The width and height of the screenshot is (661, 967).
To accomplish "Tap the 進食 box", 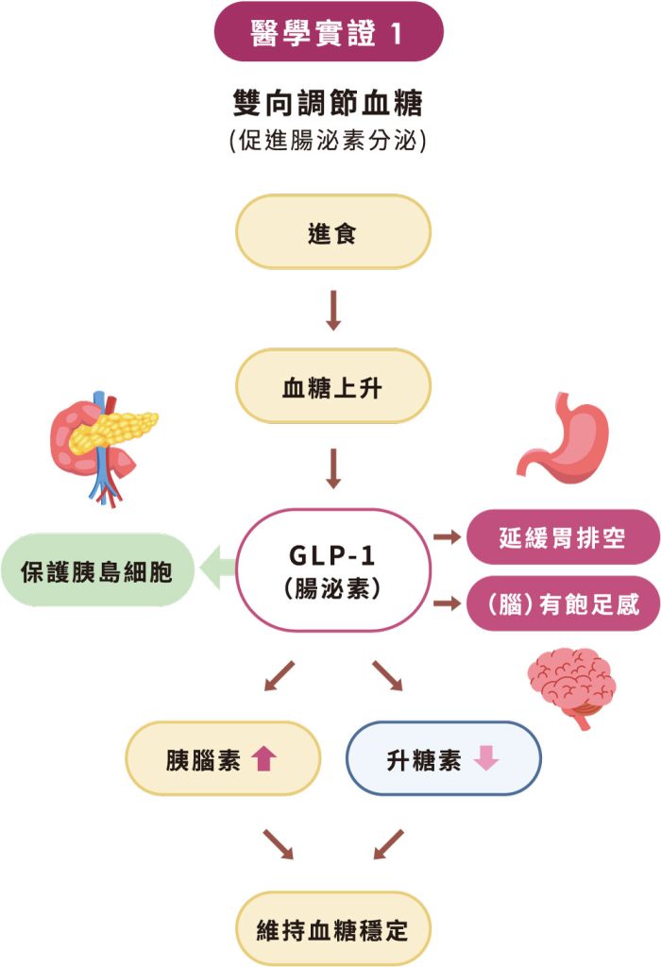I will click(332, 232).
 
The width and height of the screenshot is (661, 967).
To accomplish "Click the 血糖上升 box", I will click(332, 385).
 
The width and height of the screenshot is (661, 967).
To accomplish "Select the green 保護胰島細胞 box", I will click(98, 570).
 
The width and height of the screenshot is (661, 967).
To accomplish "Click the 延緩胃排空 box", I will click(563, 538).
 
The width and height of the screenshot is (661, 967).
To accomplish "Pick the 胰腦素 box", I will click(223, 758).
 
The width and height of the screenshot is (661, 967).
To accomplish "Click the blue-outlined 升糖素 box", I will click(443, 758).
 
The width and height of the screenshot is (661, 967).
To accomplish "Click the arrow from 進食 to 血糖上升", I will click(332, 310).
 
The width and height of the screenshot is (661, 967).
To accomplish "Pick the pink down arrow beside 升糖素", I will click(485, 759).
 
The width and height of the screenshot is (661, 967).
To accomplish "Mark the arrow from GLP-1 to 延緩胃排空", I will click(445, 537).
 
